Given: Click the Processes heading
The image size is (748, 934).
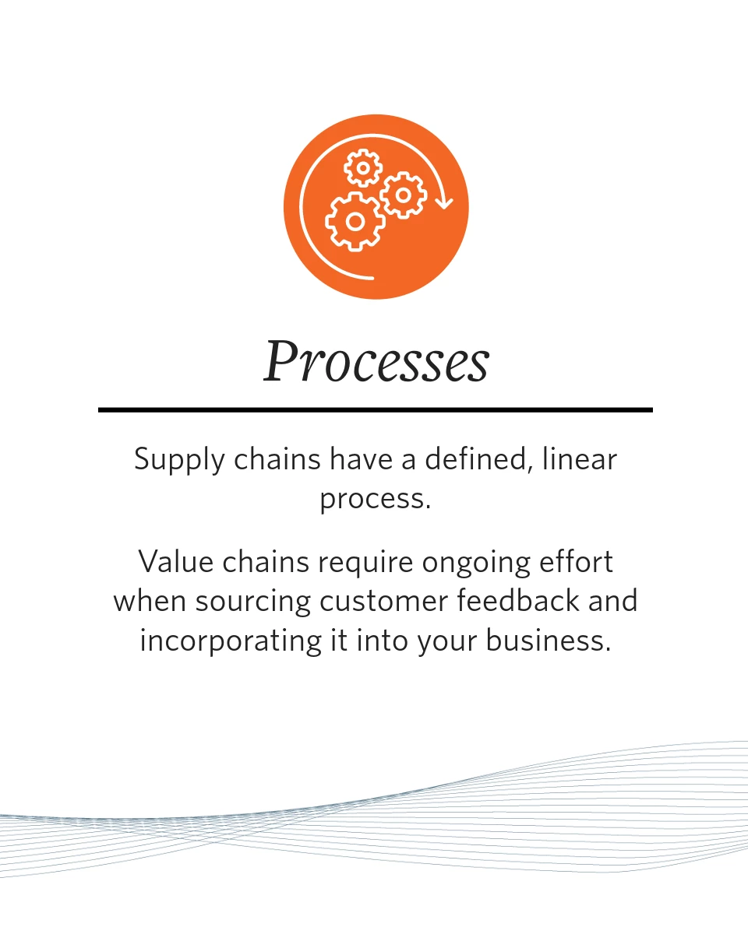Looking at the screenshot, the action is (x=376, y=361).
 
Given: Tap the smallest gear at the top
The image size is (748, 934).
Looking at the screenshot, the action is (x=363, y=168).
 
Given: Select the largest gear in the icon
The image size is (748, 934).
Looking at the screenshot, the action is (x=355, y=222).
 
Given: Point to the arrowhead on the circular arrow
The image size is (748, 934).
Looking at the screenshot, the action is (x=444, y=202).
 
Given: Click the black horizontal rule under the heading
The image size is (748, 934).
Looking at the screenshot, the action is (x=376, y=409).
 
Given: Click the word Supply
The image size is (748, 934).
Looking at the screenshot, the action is (x=179, y=460).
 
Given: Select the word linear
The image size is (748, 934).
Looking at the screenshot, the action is (x=580, y=459).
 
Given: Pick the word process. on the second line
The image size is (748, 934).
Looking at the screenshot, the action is (x=376, y=500).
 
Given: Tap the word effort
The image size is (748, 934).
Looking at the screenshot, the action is (x=576, y=562).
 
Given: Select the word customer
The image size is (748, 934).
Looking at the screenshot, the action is (x=384, y=602).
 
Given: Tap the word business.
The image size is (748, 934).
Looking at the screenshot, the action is (x=549, y=641).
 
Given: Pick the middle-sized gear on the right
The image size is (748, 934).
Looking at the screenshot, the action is (x=404, y=195).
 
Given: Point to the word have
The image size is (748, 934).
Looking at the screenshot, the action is (x=362, y=459).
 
